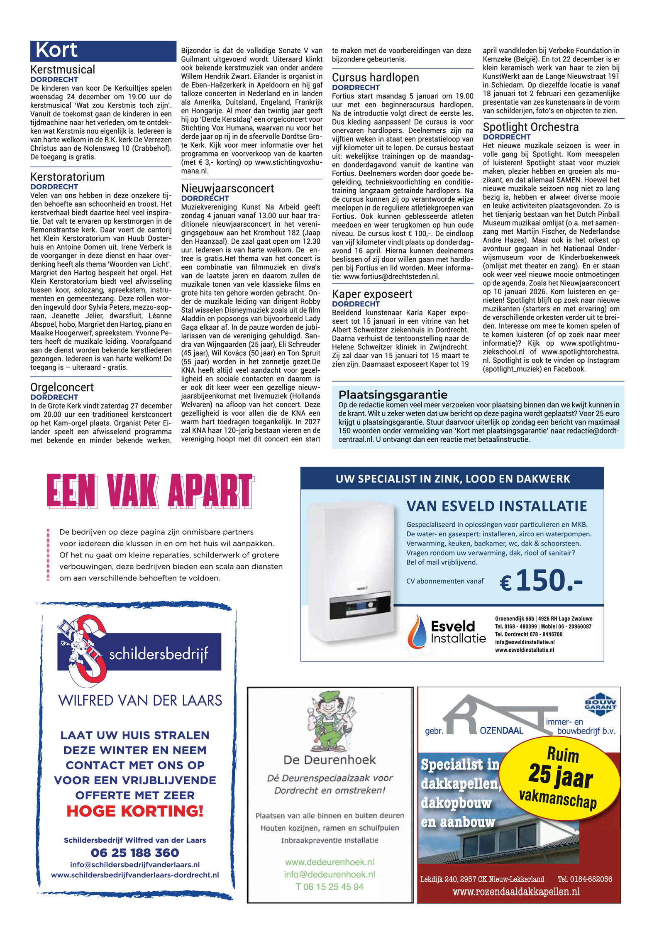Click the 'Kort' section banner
pos(103,51)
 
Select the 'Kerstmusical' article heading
pos(63,69)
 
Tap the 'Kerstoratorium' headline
pos(67,177)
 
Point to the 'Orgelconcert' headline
pos(62,387)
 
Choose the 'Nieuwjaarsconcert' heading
pos(227,188)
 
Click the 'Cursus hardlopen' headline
pos(375,78)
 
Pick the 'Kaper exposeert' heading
pos(372,294)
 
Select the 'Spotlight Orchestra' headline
pos(530,127)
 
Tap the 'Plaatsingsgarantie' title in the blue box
pos(393,394)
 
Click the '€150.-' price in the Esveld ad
pos(541,580)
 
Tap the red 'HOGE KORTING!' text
pos(135,811)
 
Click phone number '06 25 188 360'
pos(135,853)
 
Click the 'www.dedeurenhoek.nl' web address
pos(330,862)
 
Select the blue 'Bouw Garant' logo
pos(600,704)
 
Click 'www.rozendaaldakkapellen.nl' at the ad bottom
pos(516,892)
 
